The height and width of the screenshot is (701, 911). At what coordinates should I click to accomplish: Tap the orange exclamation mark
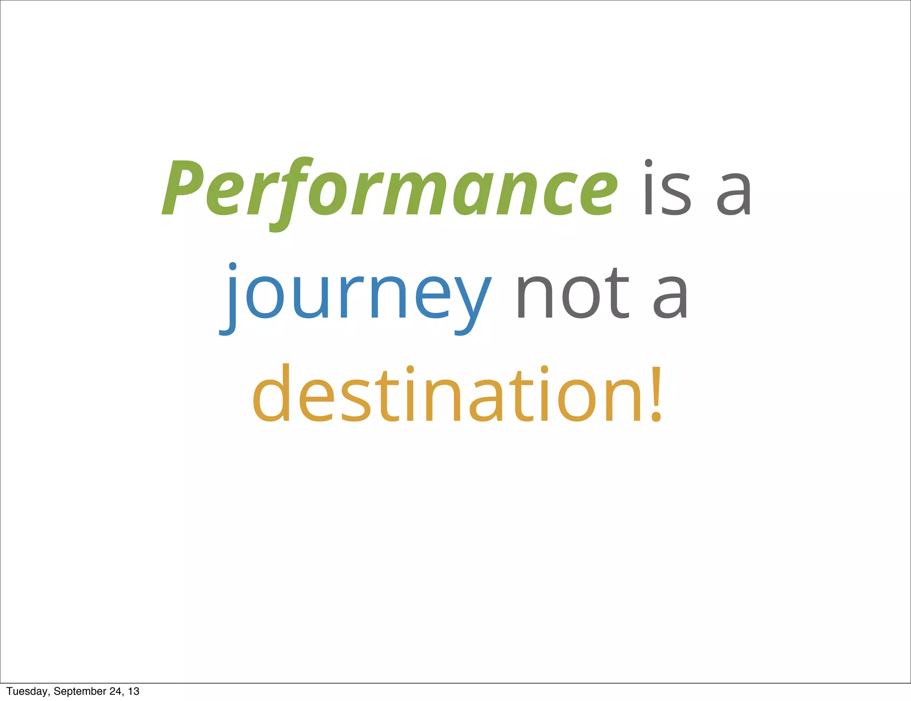tap(656, 394)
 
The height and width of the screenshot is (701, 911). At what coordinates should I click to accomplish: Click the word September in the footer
tap(80, 691)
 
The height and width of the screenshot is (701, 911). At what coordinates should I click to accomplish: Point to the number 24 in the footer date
tap(116, 691)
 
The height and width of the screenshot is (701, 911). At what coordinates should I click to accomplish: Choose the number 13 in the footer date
tap(133, 691)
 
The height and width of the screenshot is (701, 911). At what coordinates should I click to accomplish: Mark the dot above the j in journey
tap(233, 267)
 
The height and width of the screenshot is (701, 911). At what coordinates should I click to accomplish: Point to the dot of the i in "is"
tap(649, 163)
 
